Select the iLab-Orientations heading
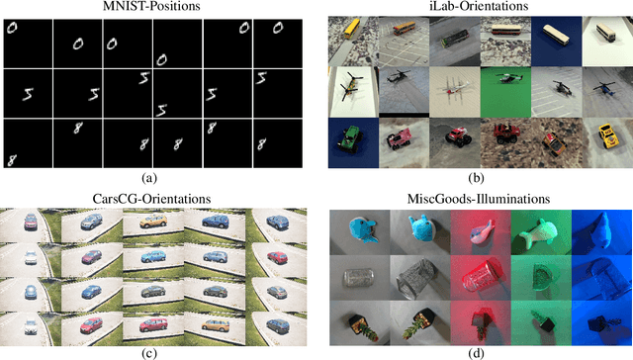[x=479, y=8]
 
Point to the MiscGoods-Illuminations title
[x=479, y=199]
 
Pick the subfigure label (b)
[x=479, y=178]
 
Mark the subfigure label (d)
[x=479, y=351]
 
